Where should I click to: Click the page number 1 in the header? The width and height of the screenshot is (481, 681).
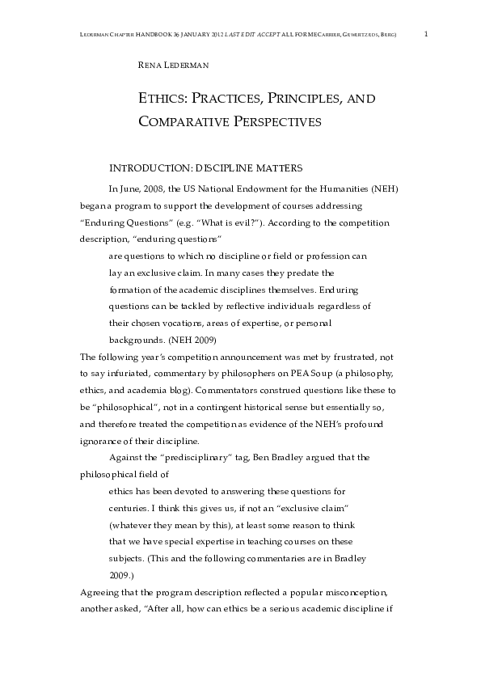click(426, 34)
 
